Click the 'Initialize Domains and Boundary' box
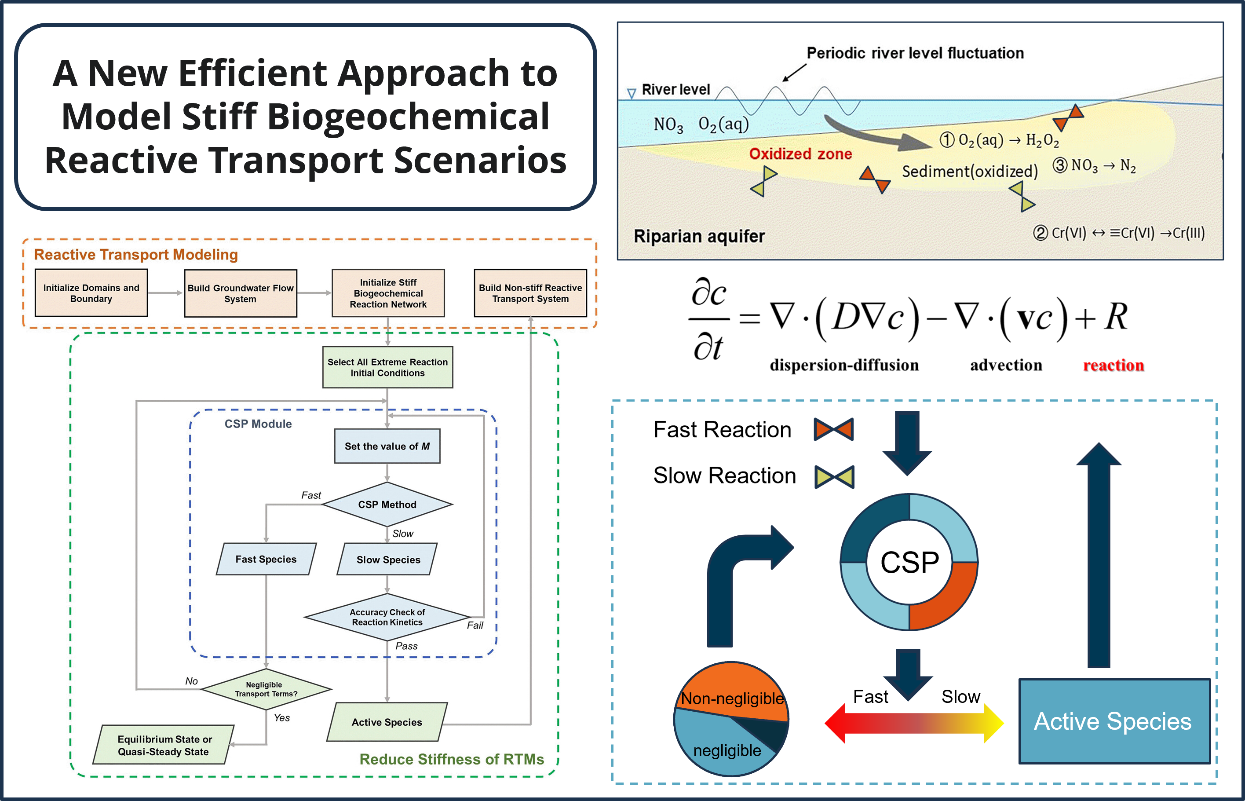pos(91,293)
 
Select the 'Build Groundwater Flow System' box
pos(240,293)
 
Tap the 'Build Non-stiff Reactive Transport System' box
pos(530,293)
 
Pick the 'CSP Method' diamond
pos(387,505)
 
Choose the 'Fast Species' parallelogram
pos(266,559)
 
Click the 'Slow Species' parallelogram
pos(387,560)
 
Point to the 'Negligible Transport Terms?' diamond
pos(266,689)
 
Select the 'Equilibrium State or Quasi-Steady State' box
pos(164,745)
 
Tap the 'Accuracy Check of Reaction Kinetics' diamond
pos(387,618)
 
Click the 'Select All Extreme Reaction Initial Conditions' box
pos(387,367)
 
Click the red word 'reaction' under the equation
pos(1113,365)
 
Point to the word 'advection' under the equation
pos(1006,365)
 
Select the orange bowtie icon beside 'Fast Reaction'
pos(833,430)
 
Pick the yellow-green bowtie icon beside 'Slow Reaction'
pos(834,476)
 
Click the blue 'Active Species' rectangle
pos(1114,721)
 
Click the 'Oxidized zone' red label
pos(800,154)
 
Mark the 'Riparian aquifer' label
pos(698,236)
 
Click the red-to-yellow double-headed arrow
pos(914,723)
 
